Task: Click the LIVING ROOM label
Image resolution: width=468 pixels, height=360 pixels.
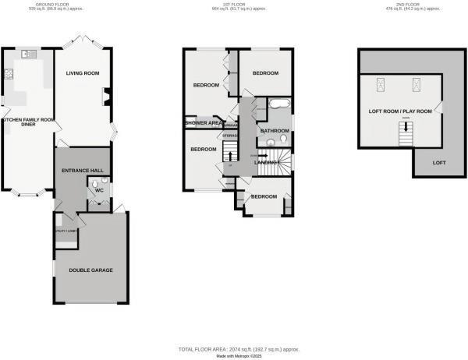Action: (x=85, y=74)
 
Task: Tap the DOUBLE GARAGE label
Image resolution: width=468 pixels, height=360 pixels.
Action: (x=91, y=270)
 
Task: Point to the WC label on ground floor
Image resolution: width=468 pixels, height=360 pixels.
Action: (x=100, y=189)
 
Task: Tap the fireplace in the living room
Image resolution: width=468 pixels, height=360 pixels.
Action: (x=107, y=97)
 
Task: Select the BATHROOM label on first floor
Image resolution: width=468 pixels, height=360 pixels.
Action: (x=275, y=131)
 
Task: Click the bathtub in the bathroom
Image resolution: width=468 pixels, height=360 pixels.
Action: (x=278, y=104)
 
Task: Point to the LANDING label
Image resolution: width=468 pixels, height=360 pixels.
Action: (x=267, y=161)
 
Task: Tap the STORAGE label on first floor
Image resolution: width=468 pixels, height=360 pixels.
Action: (x=229, y=136)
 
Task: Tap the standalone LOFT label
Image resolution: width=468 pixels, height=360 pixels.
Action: (x=439, y=162)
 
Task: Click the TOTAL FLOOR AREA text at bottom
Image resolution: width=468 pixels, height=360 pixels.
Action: (x=233, y=348)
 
